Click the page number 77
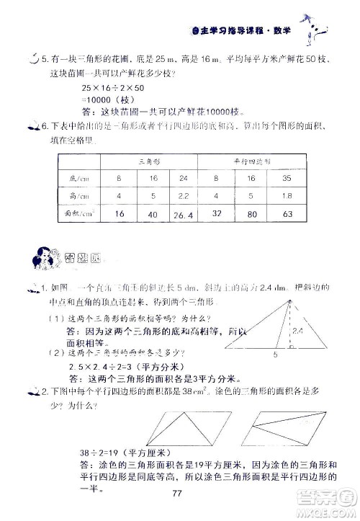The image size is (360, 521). click(x=180, y=493)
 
